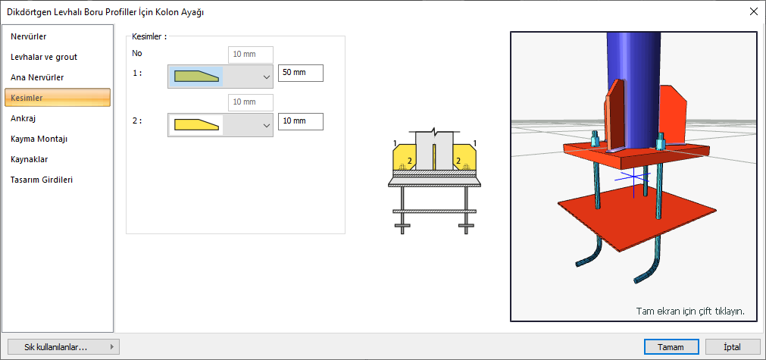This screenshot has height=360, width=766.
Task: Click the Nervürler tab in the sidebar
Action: [x=28, y=36]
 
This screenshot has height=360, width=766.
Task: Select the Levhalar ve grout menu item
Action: [x=44, y=57]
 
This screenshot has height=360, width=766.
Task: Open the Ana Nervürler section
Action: [x=37, y=77]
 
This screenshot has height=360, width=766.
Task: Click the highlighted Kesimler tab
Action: [x=57, y=97]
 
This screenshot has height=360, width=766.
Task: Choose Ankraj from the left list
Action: [x=23, y=117]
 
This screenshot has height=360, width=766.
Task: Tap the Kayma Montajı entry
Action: [x=39, y=139]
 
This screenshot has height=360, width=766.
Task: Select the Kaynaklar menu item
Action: [x=29, y=159]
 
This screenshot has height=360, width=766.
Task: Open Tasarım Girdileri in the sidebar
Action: [x=42, y=180]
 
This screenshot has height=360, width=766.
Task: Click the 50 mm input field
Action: [x=301, y=73]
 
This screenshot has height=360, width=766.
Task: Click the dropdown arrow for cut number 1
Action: [x=266, y=77]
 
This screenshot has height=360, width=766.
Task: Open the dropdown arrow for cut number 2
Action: [x=266, y=126]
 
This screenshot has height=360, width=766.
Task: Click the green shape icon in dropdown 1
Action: [x=196, y=77]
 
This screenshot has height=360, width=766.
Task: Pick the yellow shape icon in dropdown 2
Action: [x=196, y=125]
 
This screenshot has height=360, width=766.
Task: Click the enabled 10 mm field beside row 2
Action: [x=301, y=121]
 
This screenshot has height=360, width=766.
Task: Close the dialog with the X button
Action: [x=753, y=12]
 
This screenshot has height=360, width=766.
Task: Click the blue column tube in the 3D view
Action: [x=633, y=74]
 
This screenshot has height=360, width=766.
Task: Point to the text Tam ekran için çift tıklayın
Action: [x=690, y=311]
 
